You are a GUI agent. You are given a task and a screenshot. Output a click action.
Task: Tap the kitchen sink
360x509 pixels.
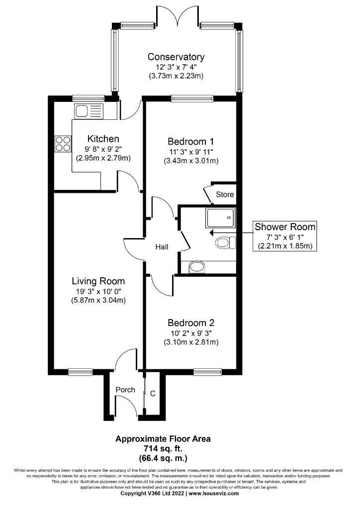coord(88,110)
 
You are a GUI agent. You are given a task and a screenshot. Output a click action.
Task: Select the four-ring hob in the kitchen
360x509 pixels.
coord(63,144)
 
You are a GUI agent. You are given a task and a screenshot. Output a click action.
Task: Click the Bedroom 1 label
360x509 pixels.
coord(191,140)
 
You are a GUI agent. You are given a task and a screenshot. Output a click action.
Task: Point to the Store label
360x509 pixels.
coord(224,194)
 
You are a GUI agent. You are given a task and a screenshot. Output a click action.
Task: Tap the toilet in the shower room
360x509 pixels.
coord(225,243)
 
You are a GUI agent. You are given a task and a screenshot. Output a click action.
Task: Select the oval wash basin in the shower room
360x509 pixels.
coord(197,267)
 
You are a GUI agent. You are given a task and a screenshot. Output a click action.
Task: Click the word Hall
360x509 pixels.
coord(162,247)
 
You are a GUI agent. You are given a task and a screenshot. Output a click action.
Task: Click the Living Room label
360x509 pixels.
coord(98,281)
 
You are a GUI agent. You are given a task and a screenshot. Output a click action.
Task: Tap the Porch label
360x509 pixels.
coord(125,390)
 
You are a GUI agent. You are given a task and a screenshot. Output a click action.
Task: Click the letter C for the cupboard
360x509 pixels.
coord(153,394)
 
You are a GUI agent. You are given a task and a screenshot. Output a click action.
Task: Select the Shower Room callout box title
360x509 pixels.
coord(285,227)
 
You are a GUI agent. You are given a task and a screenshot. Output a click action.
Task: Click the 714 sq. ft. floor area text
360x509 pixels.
coord(163,448)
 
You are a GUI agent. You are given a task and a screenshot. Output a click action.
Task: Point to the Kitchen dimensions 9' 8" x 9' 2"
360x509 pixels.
coord(103,149)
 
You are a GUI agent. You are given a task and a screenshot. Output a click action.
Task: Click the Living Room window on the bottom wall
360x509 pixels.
coord(80,371)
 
